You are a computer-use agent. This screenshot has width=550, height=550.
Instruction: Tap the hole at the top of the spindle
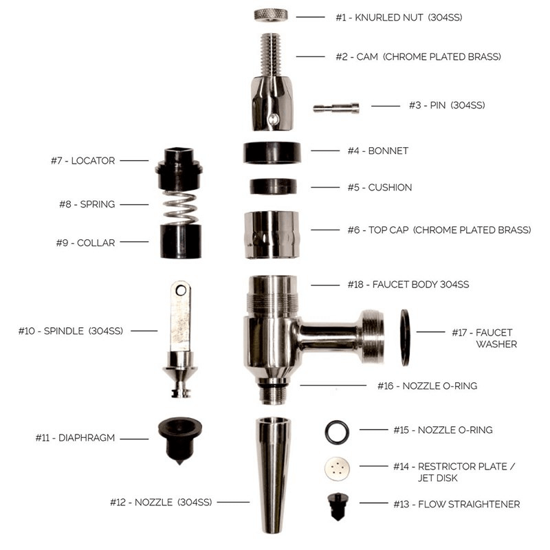tap(181, 291)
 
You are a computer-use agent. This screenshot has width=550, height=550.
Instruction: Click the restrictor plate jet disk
tap(337, 470)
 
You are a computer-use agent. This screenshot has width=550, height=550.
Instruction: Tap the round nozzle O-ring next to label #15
tap(337, 431)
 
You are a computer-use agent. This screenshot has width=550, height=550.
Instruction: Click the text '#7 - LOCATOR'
tap(82, 161)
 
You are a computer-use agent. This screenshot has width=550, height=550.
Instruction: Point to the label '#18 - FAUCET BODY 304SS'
tap(401, 284)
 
